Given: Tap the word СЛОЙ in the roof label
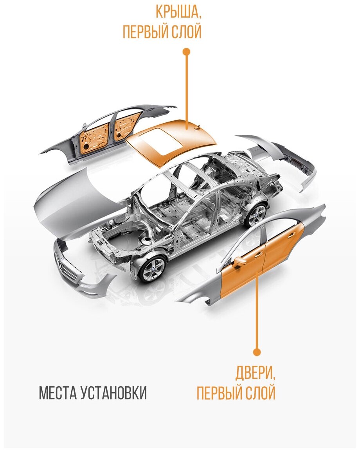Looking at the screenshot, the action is (x=186, y=32).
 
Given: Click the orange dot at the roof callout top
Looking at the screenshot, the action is (x=186, y=51).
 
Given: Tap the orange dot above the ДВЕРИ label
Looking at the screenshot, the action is (x=257, y=352).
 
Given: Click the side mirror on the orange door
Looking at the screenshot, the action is (x=237, y=262).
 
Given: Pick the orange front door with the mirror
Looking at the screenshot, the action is (x=241, y=274).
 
